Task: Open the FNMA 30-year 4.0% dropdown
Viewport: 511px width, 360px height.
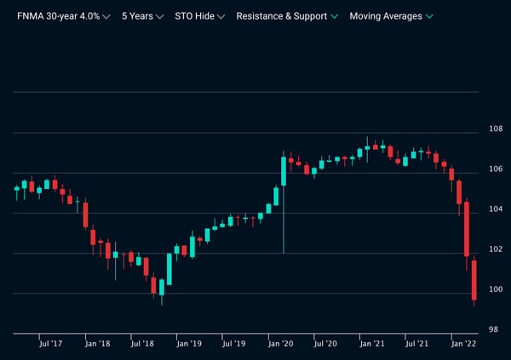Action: [x=64, y=16]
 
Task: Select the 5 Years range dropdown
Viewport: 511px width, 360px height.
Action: [x=142, y=16]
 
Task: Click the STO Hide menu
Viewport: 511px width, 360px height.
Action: [x=199, y=16]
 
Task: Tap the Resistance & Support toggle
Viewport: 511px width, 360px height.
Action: [x=287, y=16]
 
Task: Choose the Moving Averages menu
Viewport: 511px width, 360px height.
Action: [x=391, y=16]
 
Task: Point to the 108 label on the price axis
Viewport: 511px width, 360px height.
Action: [x=496, y=129]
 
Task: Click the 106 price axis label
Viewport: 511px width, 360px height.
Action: [x=496, y=169]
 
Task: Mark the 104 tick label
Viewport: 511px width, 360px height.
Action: [x=496, y=209]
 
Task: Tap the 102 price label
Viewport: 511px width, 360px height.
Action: [x=496, y=249]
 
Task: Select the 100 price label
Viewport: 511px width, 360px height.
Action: [x=496, y=289]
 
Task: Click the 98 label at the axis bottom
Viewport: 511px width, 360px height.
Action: [x=494, y=329]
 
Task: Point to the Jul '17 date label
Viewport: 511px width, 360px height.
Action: [x=50, y=344]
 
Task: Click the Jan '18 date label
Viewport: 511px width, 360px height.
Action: [x=97, y=344]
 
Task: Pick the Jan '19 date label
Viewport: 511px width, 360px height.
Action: [x=189, y=344]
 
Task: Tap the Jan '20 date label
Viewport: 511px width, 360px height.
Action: [x=280, y=344]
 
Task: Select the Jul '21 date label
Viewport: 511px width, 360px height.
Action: [x=416, y=344]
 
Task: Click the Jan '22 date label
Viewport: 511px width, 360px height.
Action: [x=463, y=344]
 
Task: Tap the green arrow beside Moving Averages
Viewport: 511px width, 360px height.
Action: [x=429, y=16]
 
